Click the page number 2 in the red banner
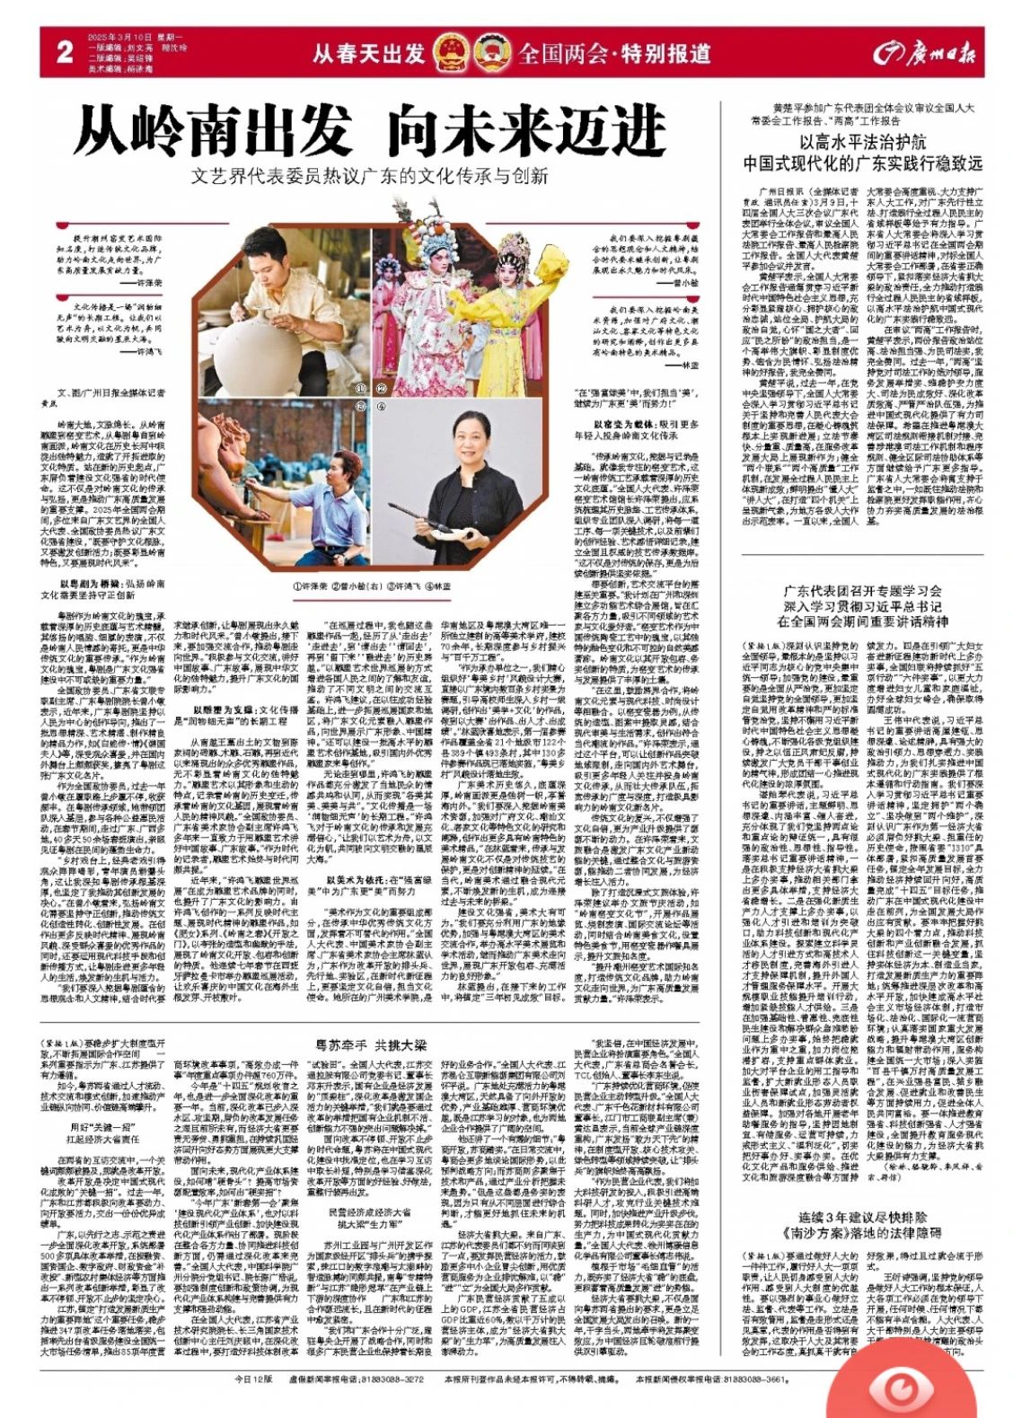(64, 52)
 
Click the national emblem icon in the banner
(451, 53)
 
